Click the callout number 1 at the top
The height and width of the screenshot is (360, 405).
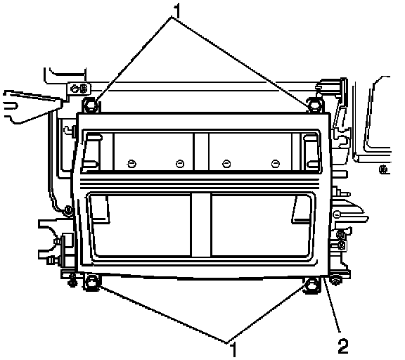coord(177,11)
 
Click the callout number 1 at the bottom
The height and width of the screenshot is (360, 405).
coord(233,349)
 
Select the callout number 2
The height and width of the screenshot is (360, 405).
coord(343,347)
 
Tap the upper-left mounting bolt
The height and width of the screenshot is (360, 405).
coord(91,105)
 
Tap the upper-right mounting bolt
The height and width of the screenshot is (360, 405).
coord(314,105)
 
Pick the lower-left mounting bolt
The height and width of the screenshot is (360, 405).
coord(91,283)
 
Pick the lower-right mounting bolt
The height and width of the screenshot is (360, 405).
coord(311,285)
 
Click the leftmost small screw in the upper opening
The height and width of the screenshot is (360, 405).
coord(131,163)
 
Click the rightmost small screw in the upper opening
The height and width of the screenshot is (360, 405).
coord(276,163)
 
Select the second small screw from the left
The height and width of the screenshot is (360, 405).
coord(180,163)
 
